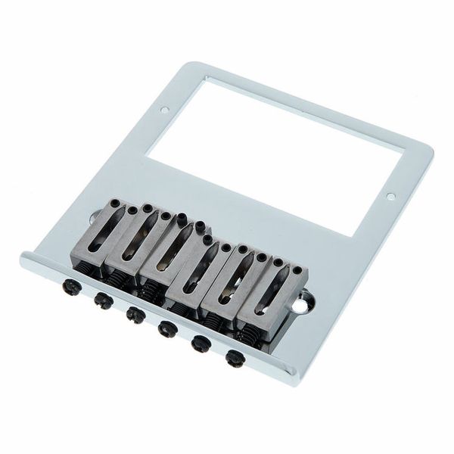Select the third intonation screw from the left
tap(135, 313)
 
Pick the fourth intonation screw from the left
tap(167, 328)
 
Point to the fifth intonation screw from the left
tap(201, 343)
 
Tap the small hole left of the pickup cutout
tap(165, 110)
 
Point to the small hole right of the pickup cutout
tap(390, 197)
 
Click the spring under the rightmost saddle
tap(247, 333)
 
